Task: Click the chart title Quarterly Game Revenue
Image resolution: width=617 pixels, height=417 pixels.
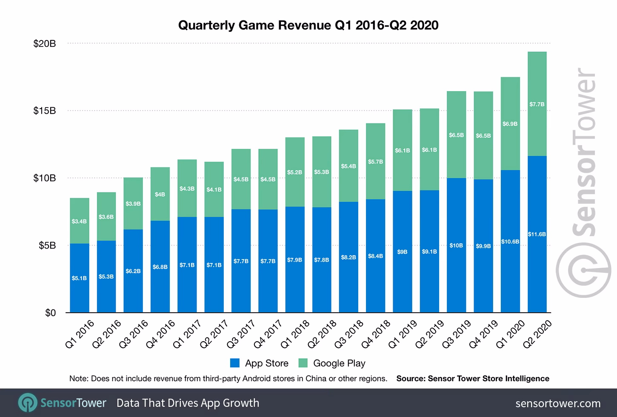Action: click(308, 26)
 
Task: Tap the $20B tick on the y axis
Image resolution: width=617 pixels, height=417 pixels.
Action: click(44, 43)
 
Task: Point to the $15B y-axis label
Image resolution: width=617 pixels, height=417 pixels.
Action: click(44, 111)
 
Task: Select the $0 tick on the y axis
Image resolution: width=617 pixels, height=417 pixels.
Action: click(50, 313)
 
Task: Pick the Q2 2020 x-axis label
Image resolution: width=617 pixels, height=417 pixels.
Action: click(538, 335)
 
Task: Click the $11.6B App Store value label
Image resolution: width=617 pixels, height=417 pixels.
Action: click(537, 234)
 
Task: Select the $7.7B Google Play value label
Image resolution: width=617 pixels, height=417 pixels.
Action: click(537, 104)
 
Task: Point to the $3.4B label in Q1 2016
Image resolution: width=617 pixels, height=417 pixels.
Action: click(79, 221)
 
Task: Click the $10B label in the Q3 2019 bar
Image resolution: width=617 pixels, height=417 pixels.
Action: click(456, 246)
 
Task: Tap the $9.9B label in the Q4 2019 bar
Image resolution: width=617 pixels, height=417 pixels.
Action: click(483, 246)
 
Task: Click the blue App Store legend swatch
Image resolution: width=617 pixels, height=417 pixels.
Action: click(235, 363)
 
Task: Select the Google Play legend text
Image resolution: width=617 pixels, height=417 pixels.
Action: click(339, 363)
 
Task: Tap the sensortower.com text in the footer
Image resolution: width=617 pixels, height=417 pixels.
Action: click(558, 403)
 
